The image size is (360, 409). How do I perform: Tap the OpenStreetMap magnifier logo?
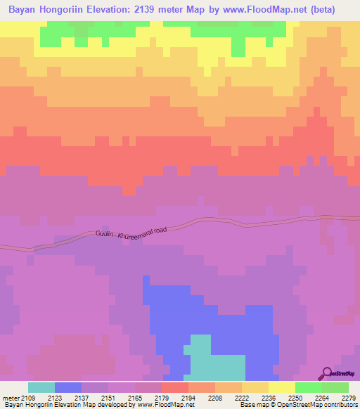pos(328,372)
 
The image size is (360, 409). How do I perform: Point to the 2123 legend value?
pos(55,398)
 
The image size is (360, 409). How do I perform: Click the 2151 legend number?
pos(108,398)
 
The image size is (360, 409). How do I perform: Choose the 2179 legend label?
pos(162,398)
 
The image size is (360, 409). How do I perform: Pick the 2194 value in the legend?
pos(188,398)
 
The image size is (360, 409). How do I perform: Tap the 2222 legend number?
pos(242,398)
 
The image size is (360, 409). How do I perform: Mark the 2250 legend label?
pos(295,398)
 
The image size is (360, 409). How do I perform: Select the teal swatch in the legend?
pos(41,387)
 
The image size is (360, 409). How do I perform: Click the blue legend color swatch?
pos(68,387)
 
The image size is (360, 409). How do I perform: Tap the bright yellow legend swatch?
pos(282,387)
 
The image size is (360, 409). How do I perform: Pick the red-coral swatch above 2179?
pos(175,387)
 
